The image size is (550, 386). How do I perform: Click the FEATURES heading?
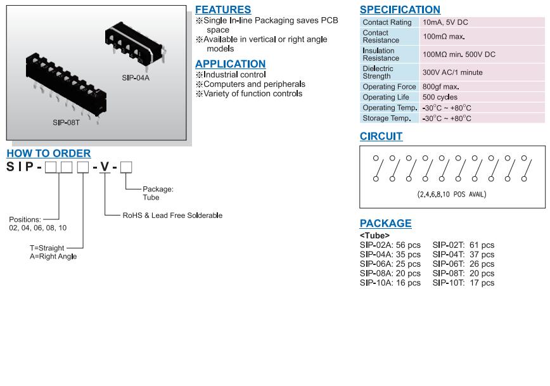222,10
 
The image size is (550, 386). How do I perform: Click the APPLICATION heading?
230,64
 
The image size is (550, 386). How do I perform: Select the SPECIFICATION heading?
400,10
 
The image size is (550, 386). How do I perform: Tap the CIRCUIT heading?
381,136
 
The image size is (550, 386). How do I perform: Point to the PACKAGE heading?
385,223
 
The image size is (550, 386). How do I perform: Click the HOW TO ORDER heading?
48,153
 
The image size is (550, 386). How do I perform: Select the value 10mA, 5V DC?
445,22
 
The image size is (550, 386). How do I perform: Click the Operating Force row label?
389,87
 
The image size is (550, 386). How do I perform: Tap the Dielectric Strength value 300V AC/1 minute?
452,72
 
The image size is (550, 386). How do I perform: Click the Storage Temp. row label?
387,119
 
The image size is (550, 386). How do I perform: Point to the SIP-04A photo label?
136,78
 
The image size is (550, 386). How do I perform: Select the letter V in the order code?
105,167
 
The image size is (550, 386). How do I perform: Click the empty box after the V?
125,167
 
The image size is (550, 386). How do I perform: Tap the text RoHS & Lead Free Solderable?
172,216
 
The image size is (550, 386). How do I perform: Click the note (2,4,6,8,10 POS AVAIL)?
452,194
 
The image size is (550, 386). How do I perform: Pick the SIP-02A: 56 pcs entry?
390,245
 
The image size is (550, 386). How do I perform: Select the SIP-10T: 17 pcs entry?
463,283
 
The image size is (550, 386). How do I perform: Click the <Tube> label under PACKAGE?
374,236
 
